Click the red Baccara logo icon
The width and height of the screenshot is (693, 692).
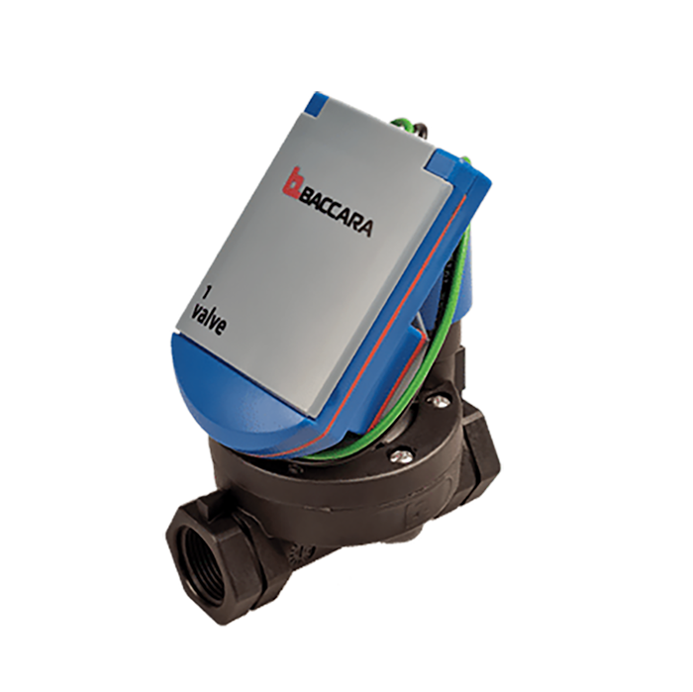292,182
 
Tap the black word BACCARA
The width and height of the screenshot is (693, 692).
337,214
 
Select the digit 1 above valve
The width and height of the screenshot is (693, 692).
206,292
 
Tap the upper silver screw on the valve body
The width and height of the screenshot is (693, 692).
438,402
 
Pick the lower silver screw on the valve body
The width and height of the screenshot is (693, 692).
400,455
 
